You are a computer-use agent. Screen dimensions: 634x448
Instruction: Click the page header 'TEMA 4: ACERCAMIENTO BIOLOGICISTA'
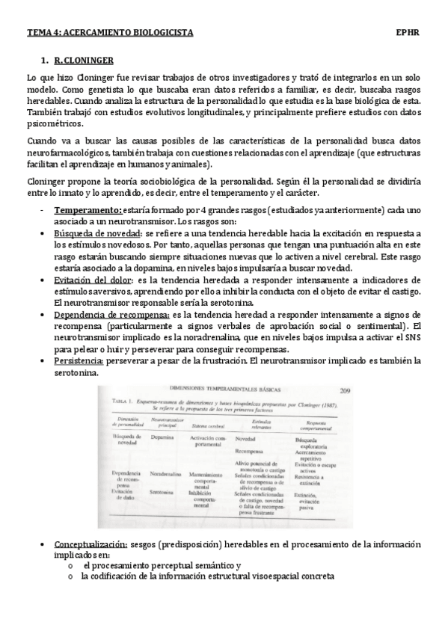point(110,33)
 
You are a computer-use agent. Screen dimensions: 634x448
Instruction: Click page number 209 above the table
point(349,390)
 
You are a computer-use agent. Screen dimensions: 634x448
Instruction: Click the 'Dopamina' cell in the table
point(162,438)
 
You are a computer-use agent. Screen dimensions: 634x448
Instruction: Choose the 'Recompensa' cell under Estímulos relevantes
point(248,452)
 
